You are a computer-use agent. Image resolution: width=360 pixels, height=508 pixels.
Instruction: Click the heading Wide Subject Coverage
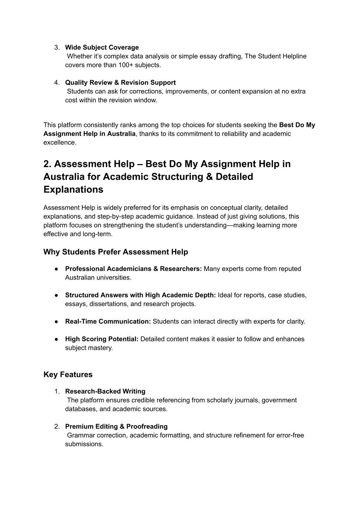click(x=102, y=47)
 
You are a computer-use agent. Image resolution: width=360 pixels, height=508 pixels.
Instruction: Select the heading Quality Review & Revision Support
click(x=120, y=83)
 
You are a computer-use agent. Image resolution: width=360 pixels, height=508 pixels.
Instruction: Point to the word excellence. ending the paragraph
click(x=60, y=143)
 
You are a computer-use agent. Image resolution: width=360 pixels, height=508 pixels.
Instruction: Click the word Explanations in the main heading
click(x=73, y=190)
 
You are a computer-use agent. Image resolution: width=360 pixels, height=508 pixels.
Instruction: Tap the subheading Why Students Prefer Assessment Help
click(x=116, y=252)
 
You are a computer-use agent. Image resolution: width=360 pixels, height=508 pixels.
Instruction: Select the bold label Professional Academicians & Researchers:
click(x=134, y=269)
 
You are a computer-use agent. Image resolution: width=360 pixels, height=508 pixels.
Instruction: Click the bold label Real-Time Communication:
click(x=108, y=321)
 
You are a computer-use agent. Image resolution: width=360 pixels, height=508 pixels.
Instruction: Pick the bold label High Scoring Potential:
click(x=102, y=339)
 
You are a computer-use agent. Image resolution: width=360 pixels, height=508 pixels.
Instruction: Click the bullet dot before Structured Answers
click(x=56, y=295)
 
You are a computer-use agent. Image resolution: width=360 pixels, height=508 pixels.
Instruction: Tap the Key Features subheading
click(x=68, y=375)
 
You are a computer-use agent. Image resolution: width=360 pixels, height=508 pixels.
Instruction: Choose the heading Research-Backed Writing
click(x=105, y=391)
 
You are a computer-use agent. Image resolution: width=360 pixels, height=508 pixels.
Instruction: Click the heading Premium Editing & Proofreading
click(x=116, y=426)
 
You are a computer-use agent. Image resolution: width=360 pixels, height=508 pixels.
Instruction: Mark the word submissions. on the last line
click(x=84, y=444)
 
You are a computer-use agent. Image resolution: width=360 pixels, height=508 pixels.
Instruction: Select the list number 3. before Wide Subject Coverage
click(x=57, y=47)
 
